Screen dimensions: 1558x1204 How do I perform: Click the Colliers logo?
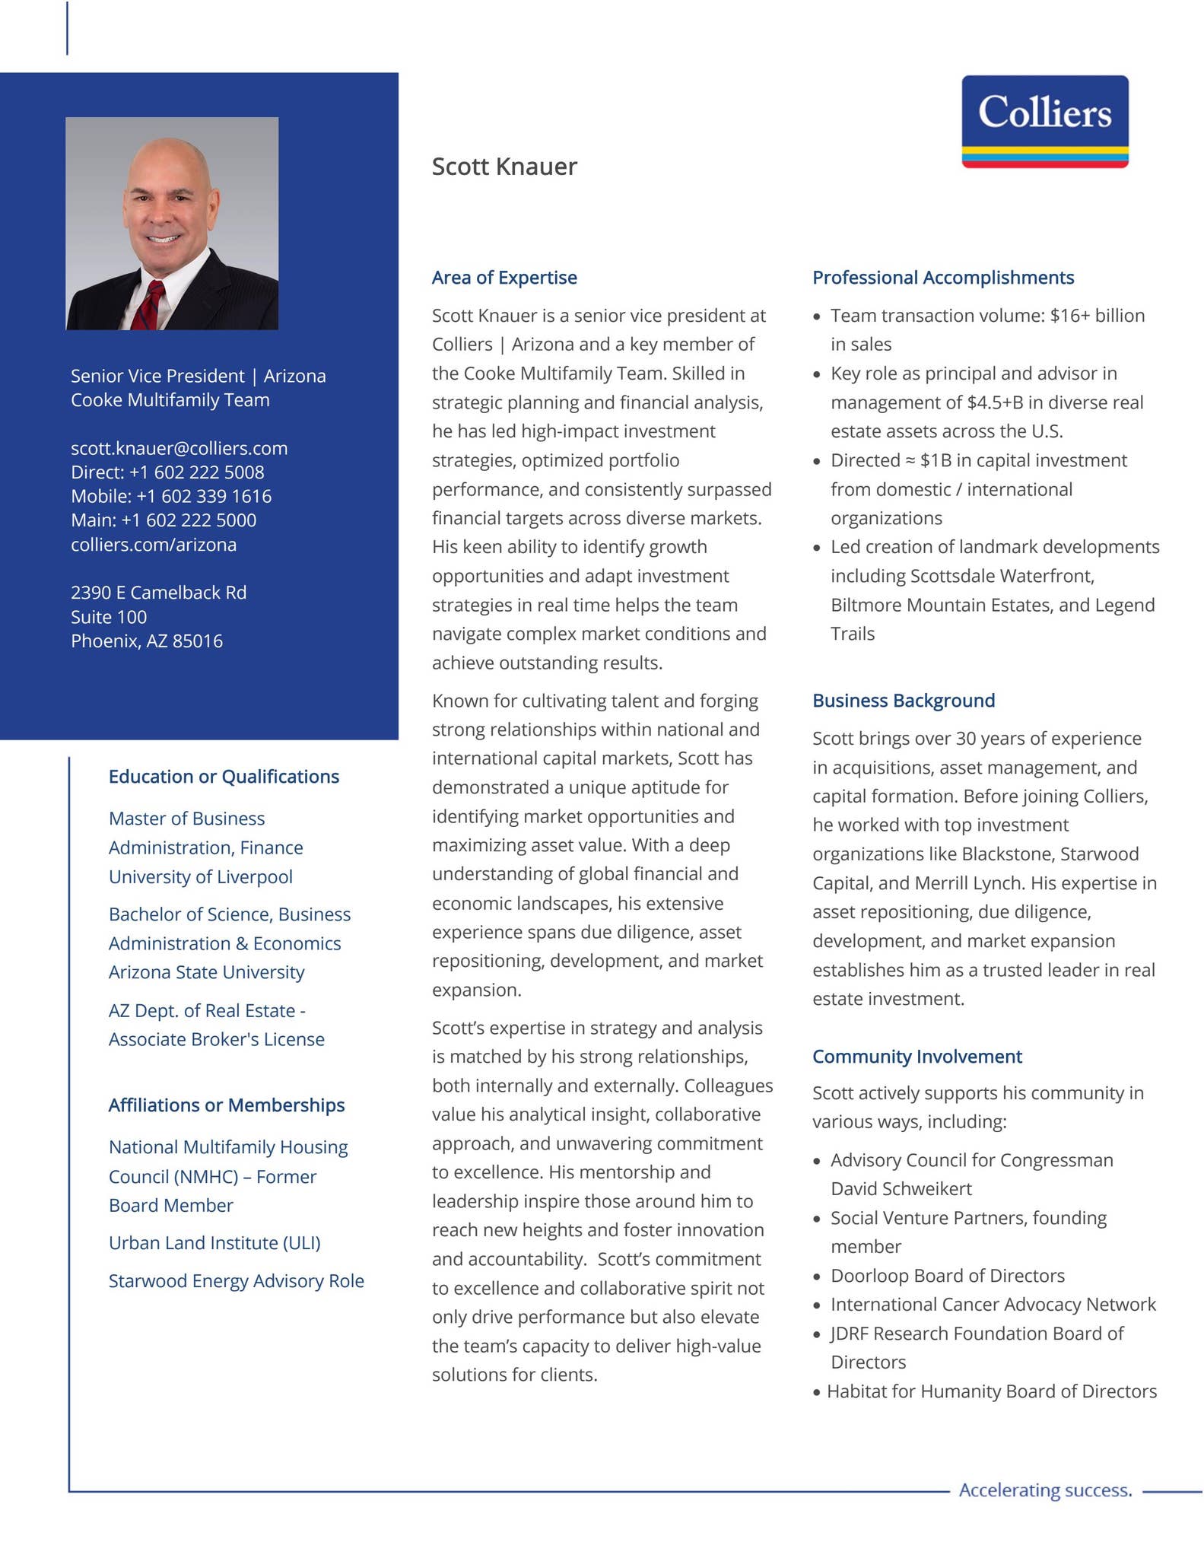click(1044, 121)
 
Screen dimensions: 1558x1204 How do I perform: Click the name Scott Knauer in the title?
click(504, 167)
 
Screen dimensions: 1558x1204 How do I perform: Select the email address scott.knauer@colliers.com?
click(179, 448)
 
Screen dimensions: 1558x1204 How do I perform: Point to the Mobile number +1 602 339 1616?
click(203, 497)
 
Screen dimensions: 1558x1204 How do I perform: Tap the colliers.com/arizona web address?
click(154, 545)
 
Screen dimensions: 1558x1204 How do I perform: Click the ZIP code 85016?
click(198, 641)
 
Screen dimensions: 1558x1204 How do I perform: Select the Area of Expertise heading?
click(504, 278)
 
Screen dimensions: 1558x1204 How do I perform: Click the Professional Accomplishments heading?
click(943, 278)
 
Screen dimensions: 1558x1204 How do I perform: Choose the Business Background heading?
click(904, 701)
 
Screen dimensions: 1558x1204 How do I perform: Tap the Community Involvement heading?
click(917, 1057)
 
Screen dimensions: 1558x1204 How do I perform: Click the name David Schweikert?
click(901, 1189)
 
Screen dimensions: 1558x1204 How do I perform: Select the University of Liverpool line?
click(201, 877)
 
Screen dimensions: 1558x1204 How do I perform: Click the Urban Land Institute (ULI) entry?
click(214, 1243)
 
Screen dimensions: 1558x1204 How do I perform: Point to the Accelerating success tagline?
click(1045, 1490)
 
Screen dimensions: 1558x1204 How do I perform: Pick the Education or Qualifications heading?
click(224, 777)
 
